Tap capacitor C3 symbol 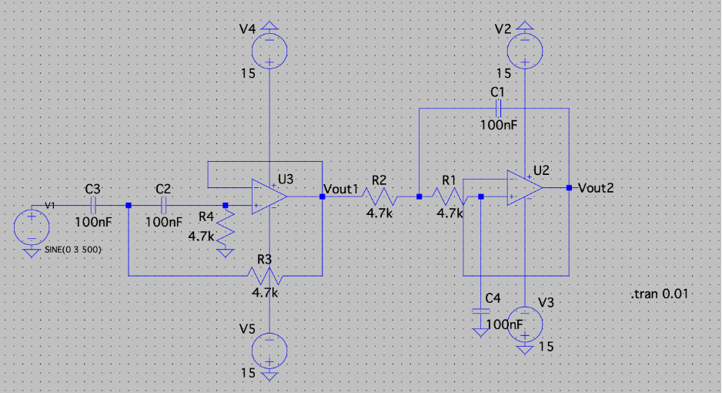92,206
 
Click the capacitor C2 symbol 163,206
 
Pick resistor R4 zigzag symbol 226,228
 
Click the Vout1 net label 342,189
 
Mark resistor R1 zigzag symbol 450,197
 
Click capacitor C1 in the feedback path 497,109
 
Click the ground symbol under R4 226,251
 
